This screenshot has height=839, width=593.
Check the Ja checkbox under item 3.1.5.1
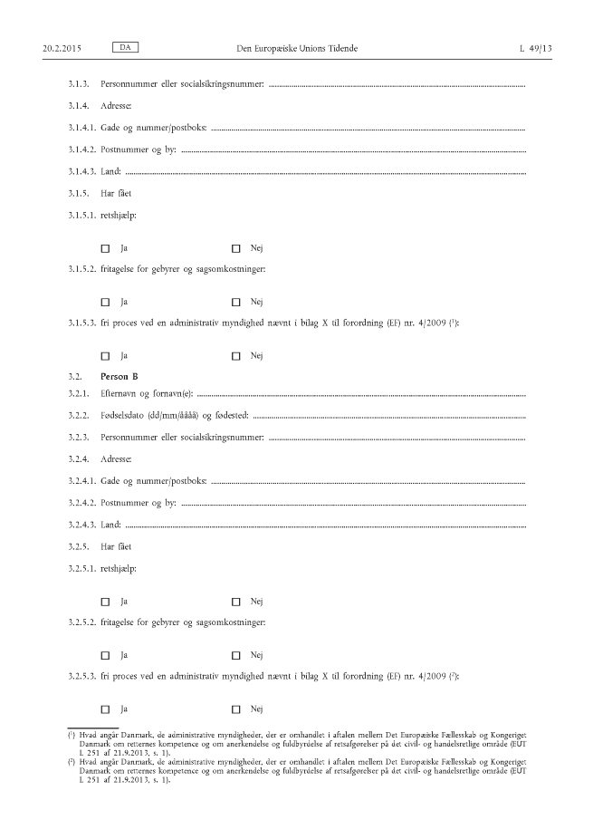point(105,248)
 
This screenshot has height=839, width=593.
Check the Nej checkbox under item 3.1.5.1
point(236,248)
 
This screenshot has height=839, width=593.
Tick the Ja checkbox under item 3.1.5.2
point(105,302)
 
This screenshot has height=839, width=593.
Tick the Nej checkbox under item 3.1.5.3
point(236,356)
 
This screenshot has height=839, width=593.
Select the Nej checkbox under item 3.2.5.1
point(236,602)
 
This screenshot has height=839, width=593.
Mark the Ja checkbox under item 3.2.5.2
point(105,655)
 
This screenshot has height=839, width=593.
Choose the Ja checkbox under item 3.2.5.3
point(105,709)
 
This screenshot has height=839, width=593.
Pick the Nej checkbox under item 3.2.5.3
point(236,709)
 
